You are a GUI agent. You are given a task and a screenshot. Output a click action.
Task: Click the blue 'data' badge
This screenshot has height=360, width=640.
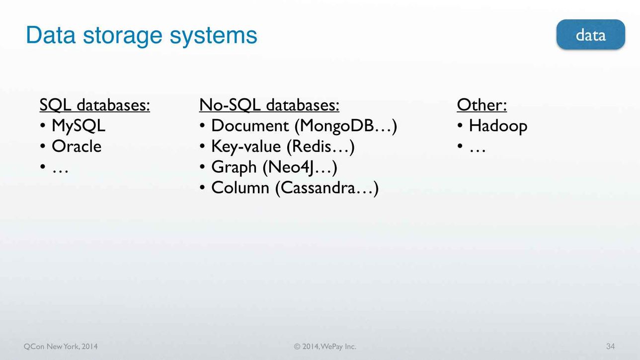(591, 35)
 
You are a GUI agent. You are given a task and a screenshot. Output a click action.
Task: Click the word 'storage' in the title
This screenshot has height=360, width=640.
(123, 36)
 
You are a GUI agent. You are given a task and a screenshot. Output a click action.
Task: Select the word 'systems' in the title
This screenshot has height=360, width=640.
(214, 36)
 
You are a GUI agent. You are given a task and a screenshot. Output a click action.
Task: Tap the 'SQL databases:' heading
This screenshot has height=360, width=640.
(94, 105)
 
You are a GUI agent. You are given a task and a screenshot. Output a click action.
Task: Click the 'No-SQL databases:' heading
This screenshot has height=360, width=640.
(269, 105)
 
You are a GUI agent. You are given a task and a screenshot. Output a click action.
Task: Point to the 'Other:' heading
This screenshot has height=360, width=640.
(481, 105)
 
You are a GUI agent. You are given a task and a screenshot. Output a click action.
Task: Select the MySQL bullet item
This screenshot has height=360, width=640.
(79, 126)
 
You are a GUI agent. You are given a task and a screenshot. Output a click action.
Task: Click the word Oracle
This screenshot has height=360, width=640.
(77, 146)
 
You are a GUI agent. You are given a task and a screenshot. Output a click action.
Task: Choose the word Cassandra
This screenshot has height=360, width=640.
(318, 188)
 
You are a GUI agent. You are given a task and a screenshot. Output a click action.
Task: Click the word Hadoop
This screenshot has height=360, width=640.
(498, 126)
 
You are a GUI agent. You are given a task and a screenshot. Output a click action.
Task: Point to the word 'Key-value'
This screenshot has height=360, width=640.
(246, 147)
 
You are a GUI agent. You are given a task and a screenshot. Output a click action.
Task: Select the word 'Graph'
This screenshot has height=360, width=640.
(234, 167)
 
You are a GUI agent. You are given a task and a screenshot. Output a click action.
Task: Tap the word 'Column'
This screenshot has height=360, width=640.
(240, 188)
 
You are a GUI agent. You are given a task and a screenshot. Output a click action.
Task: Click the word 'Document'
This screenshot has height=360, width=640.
(250, 126)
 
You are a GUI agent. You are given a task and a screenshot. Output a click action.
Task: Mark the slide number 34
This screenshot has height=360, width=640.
(611, 346)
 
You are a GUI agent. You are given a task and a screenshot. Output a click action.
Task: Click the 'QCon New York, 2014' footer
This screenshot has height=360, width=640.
(61, 347)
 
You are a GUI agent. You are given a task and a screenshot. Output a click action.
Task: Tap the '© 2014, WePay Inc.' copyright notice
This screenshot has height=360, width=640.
(325, 347)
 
